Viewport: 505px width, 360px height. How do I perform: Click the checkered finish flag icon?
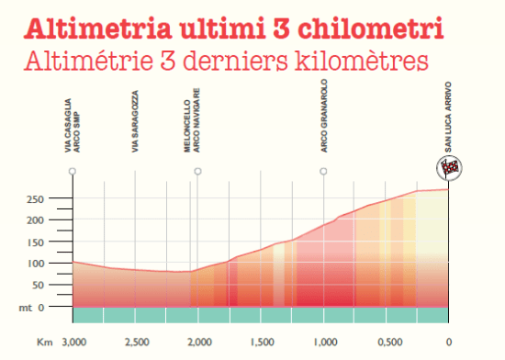click(449, 167)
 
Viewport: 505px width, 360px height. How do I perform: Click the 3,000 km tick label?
click(73, 343)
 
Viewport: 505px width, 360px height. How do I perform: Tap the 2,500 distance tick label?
click(136, 343)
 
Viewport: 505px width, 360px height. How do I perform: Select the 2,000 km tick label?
click(198, 343)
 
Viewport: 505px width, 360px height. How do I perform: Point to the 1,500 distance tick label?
click(262, 343)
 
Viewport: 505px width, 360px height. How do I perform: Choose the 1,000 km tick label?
click(324, 343)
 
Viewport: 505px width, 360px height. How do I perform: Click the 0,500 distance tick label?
click(387, 343)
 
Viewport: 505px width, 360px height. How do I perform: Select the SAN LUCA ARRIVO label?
click(449, 119)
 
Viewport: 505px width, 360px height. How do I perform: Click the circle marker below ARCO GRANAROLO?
click(323, 172)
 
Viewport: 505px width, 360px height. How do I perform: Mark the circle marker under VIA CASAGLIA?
click(73, 172)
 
